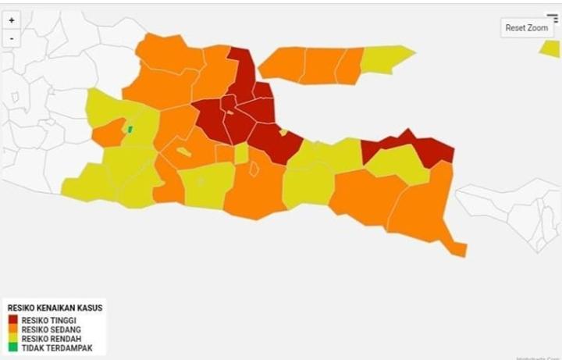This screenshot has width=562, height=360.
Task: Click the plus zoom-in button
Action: pyautogui.click(x=11, y=21)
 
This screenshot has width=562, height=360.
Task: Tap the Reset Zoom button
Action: pyautogui.click(x=527, y=28)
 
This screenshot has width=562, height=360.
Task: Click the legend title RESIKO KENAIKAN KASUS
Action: pyautogui.click(x=53, y=308)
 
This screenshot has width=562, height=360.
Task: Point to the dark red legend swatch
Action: pyautogui.click(x=13, y=320)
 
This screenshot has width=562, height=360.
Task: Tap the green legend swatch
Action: pyautogui.click(x=13, y=348)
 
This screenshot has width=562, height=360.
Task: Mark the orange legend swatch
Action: pyautogui.click(x=13, y=330)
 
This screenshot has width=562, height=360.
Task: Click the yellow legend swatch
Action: pyautogui.click(x=13, y=339)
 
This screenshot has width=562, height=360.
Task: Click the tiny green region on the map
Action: pyautogui.click(x=130, y=129)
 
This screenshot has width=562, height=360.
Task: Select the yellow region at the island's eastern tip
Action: pyautogui.click(x=388, y=59)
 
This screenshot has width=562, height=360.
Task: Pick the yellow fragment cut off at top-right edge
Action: pyautogui.click(x=551, y=48)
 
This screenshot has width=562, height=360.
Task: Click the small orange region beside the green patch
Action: pyautogui.click(x=108, y=133)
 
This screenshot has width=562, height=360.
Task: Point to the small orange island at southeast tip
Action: pyautogui.click(x=457, y=249)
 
